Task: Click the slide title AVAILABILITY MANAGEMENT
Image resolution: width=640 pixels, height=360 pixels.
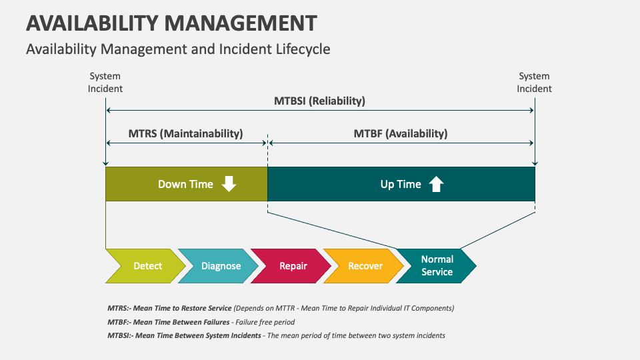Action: pos(171,23)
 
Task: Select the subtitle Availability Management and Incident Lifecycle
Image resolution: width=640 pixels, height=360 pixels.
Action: pos(178,49)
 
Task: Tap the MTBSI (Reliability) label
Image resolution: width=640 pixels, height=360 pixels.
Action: pos(319,101)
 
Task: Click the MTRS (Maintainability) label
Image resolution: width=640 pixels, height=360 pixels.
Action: pos(185,133)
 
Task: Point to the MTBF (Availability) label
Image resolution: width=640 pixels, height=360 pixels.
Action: pos(400,133)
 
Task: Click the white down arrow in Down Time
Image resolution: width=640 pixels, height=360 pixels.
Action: pos(229,184)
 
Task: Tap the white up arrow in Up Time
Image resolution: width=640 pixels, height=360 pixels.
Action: pos(436,184)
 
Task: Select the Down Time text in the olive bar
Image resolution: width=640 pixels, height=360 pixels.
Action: pos(185,185)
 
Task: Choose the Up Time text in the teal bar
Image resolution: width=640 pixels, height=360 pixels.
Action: pos(401,185)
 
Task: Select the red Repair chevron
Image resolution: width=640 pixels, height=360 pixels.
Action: pos(293,266)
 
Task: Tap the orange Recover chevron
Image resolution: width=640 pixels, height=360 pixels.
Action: pos(365,266)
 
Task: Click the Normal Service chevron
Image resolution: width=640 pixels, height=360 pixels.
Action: pos(437,266)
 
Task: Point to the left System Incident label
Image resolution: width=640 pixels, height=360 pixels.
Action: pos(105,83)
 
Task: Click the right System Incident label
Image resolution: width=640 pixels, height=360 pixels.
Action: pos(534,83)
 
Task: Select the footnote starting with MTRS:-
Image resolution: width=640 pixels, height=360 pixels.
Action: pos(280,308)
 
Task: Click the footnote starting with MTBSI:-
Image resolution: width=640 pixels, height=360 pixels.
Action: pos(276,335)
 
